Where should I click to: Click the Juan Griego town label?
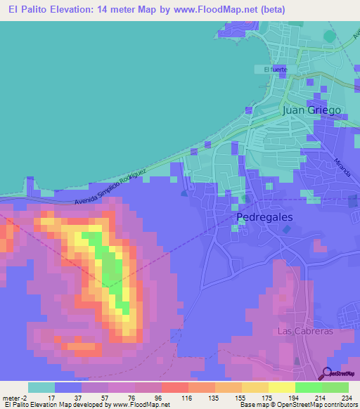tap(311, 110)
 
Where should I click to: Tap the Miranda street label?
tap(345, 167)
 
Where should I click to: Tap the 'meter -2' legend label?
tap(15, 397)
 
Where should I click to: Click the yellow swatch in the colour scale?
tap(282, 387)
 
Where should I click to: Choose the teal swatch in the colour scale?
tap(41, 387)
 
